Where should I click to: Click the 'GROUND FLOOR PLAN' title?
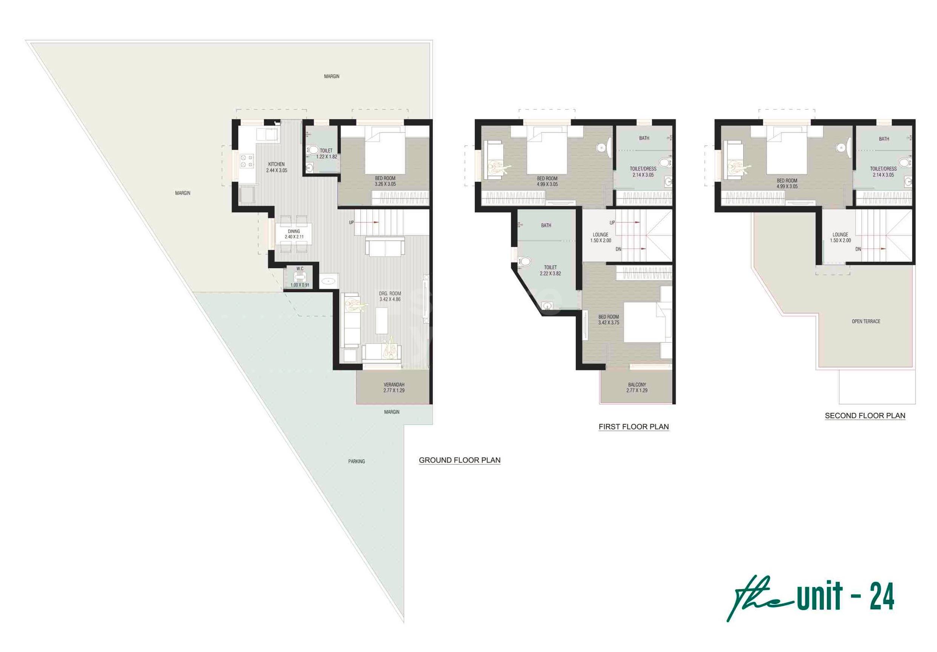click(x=460, y=460)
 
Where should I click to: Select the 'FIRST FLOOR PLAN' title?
click(x=633, y=426)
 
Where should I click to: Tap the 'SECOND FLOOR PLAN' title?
click(x=865, y=416)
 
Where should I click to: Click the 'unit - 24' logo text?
click(x=845, y=596)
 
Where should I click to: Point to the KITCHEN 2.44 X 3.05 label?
click(x=277, y=167)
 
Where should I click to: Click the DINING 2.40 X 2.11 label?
click(x=294, y=234)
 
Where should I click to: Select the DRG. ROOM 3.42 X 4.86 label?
click(x=390, y=296)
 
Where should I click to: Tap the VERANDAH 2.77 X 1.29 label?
click(x=394, y=387)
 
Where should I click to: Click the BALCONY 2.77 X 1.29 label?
click(x=637, y=387)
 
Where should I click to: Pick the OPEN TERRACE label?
click(x=866, y=321)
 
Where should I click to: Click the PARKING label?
click(x=356, y=461)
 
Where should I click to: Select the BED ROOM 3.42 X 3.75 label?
click(x=609, y=320)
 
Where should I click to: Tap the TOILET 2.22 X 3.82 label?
click(x=550, y=270)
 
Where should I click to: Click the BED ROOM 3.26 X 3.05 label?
click(x=385, y=181)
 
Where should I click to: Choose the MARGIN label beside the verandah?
click(x=392, y=412)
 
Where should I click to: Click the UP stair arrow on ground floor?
click(x=369, y=222)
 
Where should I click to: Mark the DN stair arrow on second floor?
click(x=874, y=249)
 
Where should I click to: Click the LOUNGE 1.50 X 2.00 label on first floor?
click(x=600, y=238)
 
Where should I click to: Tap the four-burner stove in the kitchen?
click(x=247, y=161)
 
